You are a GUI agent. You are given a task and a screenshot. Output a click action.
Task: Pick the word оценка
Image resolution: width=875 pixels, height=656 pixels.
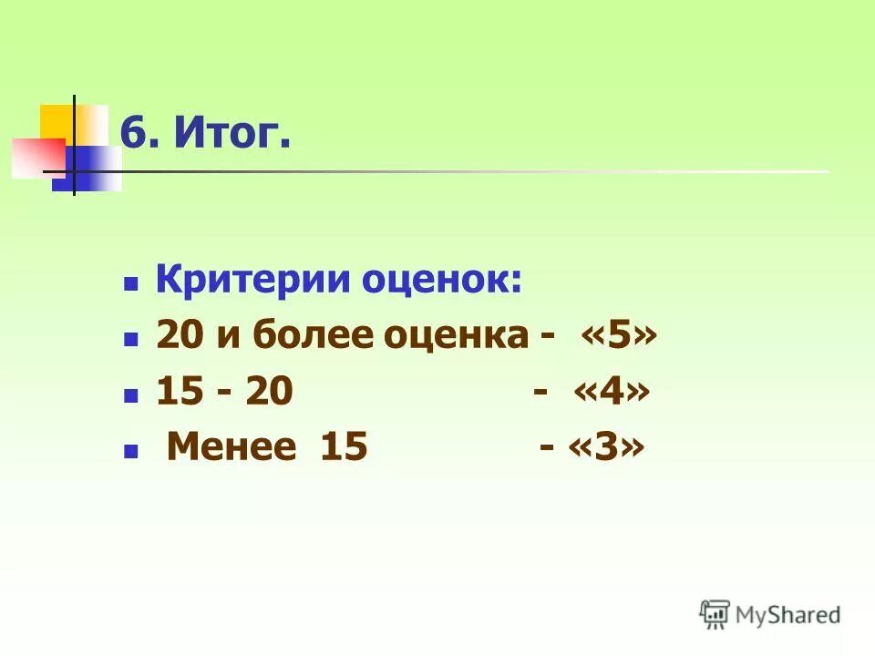pos(452,338)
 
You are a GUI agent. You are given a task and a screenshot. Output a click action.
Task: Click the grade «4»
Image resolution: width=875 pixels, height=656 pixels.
pos(612,392)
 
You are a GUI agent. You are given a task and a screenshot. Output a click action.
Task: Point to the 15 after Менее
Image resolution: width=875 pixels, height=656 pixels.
pos(344,447)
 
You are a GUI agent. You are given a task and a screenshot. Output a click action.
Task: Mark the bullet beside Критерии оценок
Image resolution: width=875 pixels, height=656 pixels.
pos(130,284)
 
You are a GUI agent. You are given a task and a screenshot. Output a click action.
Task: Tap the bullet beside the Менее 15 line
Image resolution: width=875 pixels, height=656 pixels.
pos(130,451)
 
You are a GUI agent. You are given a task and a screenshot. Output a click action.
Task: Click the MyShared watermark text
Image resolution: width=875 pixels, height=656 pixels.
pos(788,614)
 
